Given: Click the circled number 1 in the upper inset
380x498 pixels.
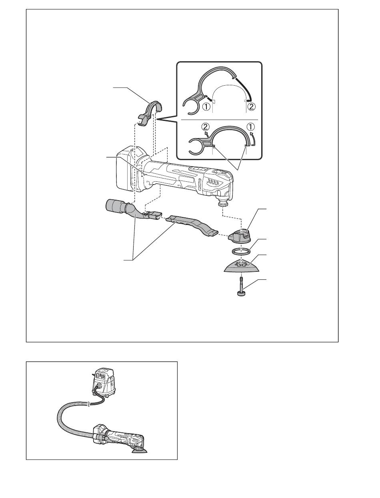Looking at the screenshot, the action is (x=206, y=106).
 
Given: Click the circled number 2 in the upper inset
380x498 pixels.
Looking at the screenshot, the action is (x=252, y=106).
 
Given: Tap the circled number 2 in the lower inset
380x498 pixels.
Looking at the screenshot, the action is (x=206, y=127).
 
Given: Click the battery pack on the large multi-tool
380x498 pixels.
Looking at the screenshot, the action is (x=127, y=169).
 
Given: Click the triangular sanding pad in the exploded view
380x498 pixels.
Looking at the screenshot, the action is (x=241, y=266).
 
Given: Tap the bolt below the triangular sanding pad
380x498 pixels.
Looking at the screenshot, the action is (x=241, y=286).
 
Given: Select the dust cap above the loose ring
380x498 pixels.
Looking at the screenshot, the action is (x=240, y=237).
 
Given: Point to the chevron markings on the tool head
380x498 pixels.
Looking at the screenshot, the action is (x=212, y=182).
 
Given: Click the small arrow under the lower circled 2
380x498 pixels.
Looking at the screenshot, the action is (x=207, y=133).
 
